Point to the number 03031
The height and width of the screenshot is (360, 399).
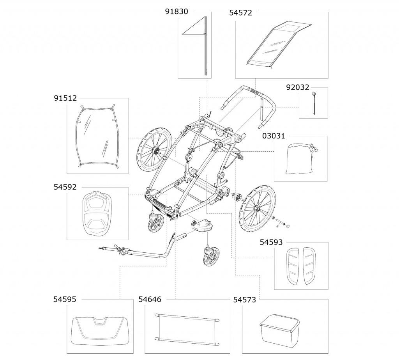click(274, 137)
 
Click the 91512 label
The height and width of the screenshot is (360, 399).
click(65, 99)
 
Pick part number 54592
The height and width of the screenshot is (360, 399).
click(65, 187)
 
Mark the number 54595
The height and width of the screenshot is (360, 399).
click(65, 300)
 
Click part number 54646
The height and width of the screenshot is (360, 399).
click(150, 300)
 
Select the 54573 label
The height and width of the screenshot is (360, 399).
click(245, 300)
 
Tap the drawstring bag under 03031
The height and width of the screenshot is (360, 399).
click(300, 159)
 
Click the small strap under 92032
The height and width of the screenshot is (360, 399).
click(314, 103)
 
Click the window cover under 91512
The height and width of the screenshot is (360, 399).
click(97, 137)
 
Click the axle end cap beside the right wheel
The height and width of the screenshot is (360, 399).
click(289, 226)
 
